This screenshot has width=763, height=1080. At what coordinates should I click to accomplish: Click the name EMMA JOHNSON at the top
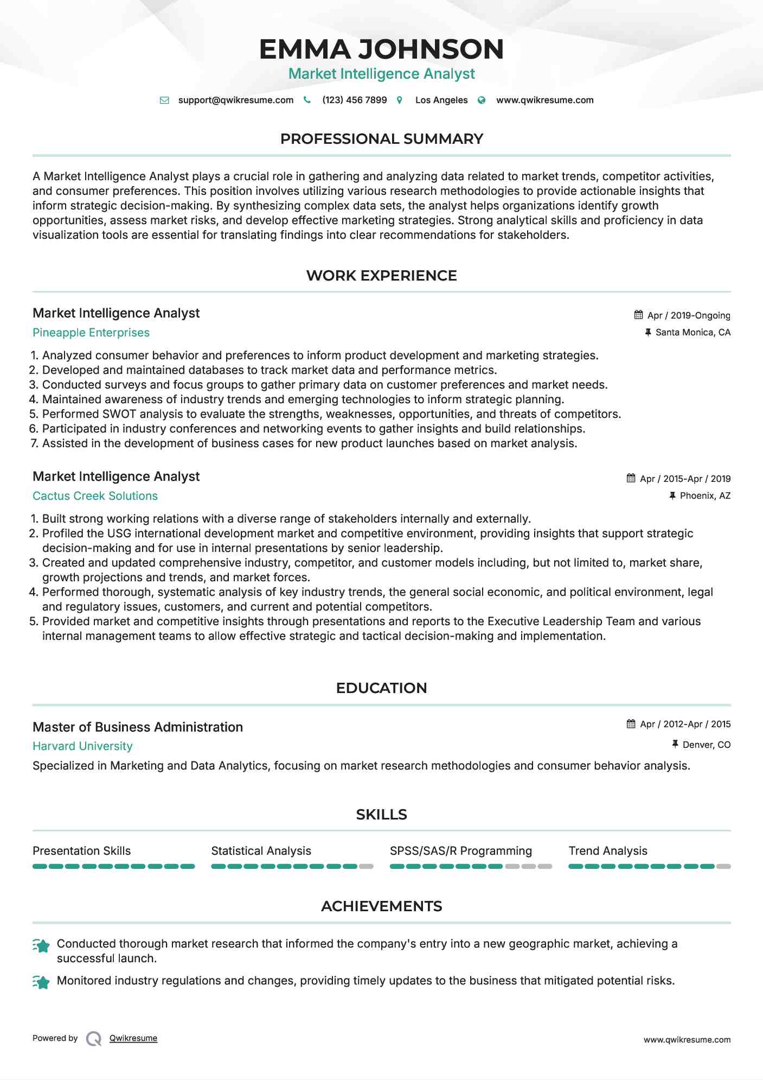point(381,49)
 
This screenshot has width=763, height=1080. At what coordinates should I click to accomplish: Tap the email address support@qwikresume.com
point(235,100)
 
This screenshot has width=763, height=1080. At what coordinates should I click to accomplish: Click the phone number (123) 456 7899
point(354,100)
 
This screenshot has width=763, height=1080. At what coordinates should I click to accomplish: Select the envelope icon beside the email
point(164,100)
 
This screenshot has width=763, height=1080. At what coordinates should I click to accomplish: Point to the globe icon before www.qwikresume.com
point(482,100)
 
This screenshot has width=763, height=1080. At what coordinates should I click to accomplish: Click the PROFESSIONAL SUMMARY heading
point(381,139)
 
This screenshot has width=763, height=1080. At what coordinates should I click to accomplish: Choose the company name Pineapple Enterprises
point(91,333)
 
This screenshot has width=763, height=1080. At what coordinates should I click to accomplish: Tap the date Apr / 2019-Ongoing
point(689,315)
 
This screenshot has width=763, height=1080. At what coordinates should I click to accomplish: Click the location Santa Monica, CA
point(693,332)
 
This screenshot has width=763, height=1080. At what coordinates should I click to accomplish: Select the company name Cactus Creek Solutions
point(95,496)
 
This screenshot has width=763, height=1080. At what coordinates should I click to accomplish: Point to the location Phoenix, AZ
point(705,495)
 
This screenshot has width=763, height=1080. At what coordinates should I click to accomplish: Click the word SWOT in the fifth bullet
point(119,414)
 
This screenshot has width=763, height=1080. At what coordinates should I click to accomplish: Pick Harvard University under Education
point(82,746)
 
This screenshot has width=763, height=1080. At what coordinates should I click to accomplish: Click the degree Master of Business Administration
point(138,727)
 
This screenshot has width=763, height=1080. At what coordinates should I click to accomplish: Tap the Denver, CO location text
point(706,745)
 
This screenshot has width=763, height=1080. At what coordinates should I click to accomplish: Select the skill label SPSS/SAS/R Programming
point(461,851)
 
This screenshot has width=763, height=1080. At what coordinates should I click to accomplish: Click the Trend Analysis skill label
point(608,851)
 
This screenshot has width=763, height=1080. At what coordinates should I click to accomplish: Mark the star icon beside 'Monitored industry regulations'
point(42,982)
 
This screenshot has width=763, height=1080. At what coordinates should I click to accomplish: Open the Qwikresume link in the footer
point(133,1038)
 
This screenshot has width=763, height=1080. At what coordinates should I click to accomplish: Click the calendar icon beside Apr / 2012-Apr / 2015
point(631,724)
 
